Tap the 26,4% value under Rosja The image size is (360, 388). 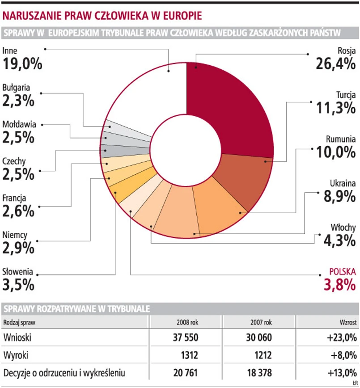pyautogui.click(x=335, y=63)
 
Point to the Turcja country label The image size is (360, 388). pyautogui.click(x=346, y=94)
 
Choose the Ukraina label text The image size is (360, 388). pyautogui.click(x=343, y=183)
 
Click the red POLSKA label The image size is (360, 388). pyautogui.click(x=342, y=271)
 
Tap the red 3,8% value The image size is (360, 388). pyautogui.click(x=339, y=284)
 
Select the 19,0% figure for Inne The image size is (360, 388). pyautogui.click(x=22, y=63)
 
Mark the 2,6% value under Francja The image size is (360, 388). pyautogui.click(x=18, y=210)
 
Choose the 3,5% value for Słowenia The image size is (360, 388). pyautogui.click(x=18, y=284)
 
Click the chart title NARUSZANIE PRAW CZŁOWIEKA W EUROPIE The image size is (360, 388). pyautogui.click(x=102, y=16)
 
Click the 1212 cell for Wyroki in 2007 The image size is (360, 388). pyautogui.click(x=263, y=355)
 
